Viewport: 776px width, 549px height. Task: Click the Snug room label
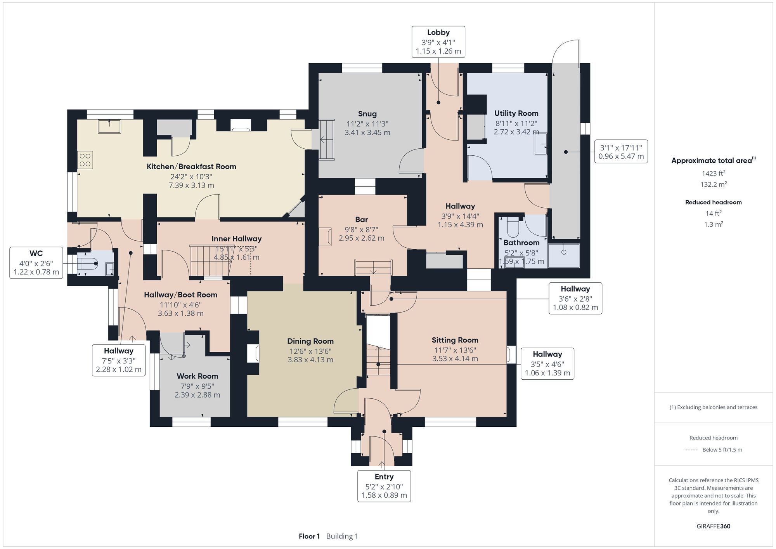(367, 114)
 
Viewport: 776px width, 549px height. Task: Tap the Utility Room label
(516, 113)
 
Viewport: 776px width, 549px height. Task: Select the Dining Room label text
(310, 341)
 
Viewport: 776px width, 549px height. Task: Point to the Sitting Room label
(455, 340)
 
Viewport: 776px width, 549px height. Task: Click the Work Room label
(197, 376)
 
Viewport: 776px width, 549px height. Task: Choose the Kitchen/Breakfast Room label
(191, 167)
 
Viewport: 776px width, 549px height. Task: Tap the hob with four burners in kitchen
(85, 160)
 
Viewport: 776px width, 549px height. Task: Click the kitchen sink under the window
(109, 127)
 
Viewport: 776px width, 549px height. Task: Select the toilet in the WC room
(88, 264)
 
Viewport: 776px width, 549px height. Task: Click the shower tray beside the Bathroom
(564, 255)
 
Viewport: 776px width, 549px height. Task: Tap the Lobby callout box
(438, 42)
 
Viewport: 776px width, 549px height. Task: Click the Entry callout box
(384, 486)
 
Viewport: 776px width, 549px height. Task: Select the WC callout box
(36, 263)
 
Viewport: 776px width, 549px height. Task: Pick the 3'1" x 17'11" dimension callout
(621, 151)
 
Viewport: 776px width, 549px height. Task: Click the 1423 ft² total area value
(714, 173)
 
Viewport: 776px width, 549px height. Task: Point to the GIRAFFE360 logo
(714, 526)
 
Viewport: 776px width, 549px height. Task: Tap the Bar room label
(362, 219)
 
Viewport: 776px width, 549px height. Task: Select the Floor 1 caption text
(309, 536)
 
